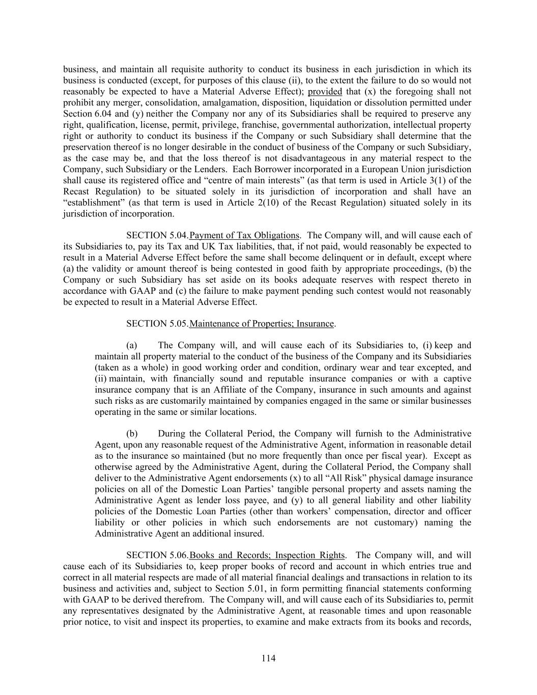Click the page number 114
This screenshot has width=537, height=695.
tap(268, 658)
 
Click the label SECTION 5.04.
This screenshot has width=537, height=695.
tap(157, 235)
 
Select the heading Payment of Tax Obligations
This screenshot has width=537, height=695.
tap(244, 235)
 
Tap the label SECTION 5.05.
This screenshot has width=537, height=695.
tap(157, 324)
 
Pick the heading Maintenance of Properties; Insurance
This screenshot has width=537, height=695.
tap(262, 324)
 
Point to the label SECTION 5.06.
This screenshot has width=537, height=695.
tap(157, 555)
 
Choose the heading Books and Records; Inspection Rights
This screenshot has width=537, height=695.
tap(267, 555)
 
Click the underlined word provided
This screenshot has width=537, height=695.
tap(325, 92)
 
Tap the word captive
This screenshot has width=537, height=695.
tap(457, 379)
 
